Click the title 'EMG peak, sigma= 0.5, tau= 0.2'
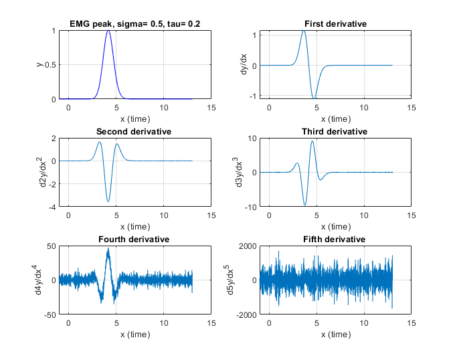[134, 24]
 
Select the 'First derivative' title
[335, 24]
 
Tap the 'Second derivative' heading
[134, 131]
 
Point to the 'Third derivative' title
[335, 131]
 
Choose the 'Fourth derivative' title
[134, 239]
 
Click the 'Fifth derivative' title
[335, 239]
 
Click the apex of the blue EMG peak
[108, 31]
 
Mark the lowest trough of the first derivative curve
[314, 98]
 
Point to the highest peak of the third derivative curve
[312, 141]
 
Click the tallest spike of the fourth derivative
[108, 249]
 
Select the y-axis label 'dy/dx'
[246, 65]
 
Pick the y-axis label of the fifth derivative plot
[246, 280]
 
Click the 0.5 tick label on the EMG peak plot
[49, 65]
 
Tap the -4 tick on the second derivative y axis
[51, 207]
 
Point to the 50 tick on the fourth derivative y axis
[51, 246]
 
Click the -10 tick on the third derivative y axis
[249, 207]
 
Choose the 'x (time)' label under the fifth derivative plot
[335, 335]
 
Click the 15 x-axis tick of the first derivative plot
[411, 107]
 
